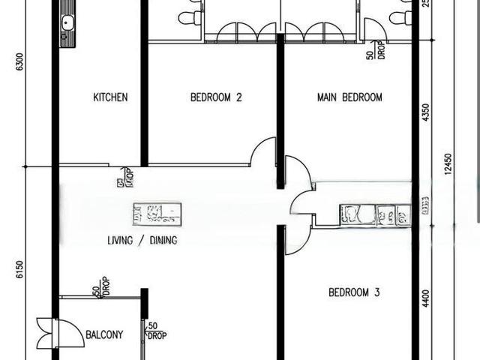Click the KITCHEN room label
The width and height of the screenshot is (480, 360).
click(x=110, y=97)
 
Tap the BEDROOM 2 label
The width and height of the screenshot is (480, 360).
click(x=216, y=97)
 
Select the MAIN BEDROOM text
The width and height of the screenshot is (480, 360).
click(x=349, y=97)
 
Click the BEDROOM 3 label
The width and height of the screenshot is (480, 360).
click(x=354, y=292)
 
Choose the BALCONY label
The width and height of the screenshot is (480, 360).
click(x=104, y=334)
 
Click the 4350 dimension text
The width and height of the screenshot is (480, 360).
click(x=426, y=112)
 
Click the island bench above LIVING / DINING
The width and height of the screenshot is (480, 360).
click(x=157, y=214)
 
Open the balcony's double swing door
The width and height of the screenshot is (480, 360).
click(x=52, y=334)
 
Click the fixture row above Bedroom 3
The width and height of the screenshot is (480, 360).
click(x=375, y=215)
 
